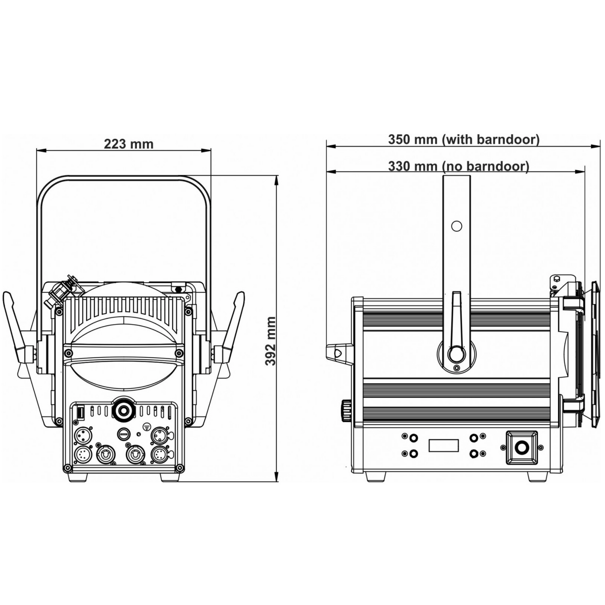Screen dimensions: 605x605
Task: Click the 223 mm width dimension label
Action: click(129, 144)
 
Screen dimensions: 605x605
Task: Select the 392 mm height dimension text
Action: click(271, 341)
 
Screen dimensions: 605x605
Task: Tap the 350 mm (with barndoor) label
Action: click(463, 139)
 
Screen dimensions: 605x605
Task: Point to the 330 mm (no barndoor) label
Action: click(458, 166)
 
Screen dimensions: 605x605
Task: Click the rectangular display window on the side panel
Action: click(444, 446)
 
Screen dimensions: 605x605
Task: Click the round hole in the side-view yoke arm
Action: click(457, 226)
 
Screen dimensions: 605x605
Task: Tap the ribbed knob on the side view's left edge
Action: click(346, 411)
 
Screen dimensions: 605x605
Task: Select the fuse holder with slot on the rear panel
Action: click(124, 434)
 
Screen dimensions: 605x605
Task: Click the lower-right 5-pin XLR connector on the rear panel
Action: click(160, 455)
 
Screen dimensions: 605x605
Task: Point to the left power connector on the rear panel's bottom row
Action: click(105, 455)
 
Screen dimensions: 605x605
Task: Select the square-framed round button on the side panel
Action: click(522, 448)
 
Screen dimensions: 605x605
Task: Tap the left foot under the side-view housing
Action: click(375, 476)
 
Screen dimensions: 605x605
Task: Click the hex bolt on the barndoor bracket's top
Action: click(557, 278)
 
